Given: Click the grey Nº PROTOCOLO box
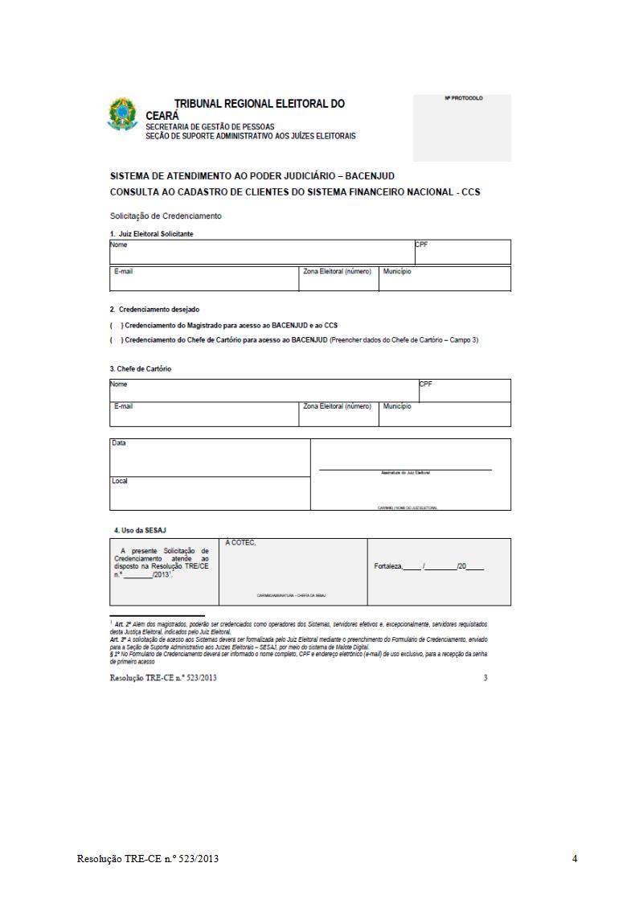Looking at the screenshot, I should click(x=461, y=128).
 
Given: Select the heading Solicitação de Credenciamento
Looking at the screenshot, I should click(x=166, y=216).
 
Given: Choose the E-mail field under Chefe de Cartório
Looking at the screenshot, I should click(x=204, y=413).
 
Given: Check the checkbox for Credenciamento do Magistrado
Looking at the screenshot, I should click(x=116, y=325).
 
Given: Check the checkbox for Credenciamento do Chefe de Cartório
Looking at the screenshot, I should click(x=116, y=340).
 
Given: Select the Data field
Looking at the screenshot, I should click(x=210, y=458).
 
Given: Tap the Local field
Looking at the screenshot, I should click(x=210, y=493).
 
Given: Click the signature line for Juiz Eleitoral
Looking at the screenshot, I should click(x=405, y=468).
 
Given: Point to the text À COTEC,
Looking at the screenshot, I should click(x=241, y=543).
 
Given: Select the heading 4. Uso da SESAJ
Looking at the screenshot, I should click(x=140, y=530).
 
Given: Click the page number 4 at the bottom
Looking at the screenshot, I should click(x=575, y=859).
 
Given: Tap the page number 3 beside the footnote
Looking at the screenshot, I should click(x=485, y=678).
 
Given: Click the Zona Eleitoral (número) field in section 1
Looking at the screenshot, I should click(x=338, y=278).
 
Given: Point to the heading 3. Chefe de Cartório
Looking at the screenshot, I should click(x=141, y=368).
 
